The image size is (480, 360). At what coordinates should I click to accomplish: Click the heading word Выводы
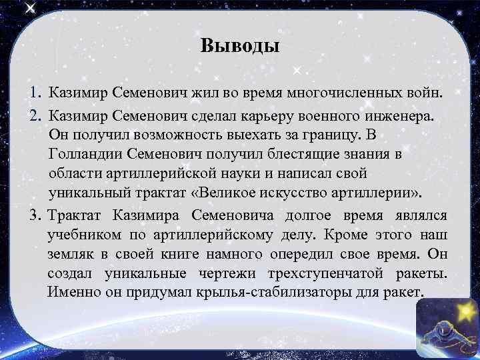pyautogui.click(x=239, y=46)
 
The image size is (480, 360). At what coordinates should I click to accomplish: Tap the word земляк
pyautogui.click(x=70, y=255)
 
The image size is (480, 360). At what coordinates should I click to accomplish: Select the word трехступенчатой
pyautogui.click(x=320, y=274)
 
